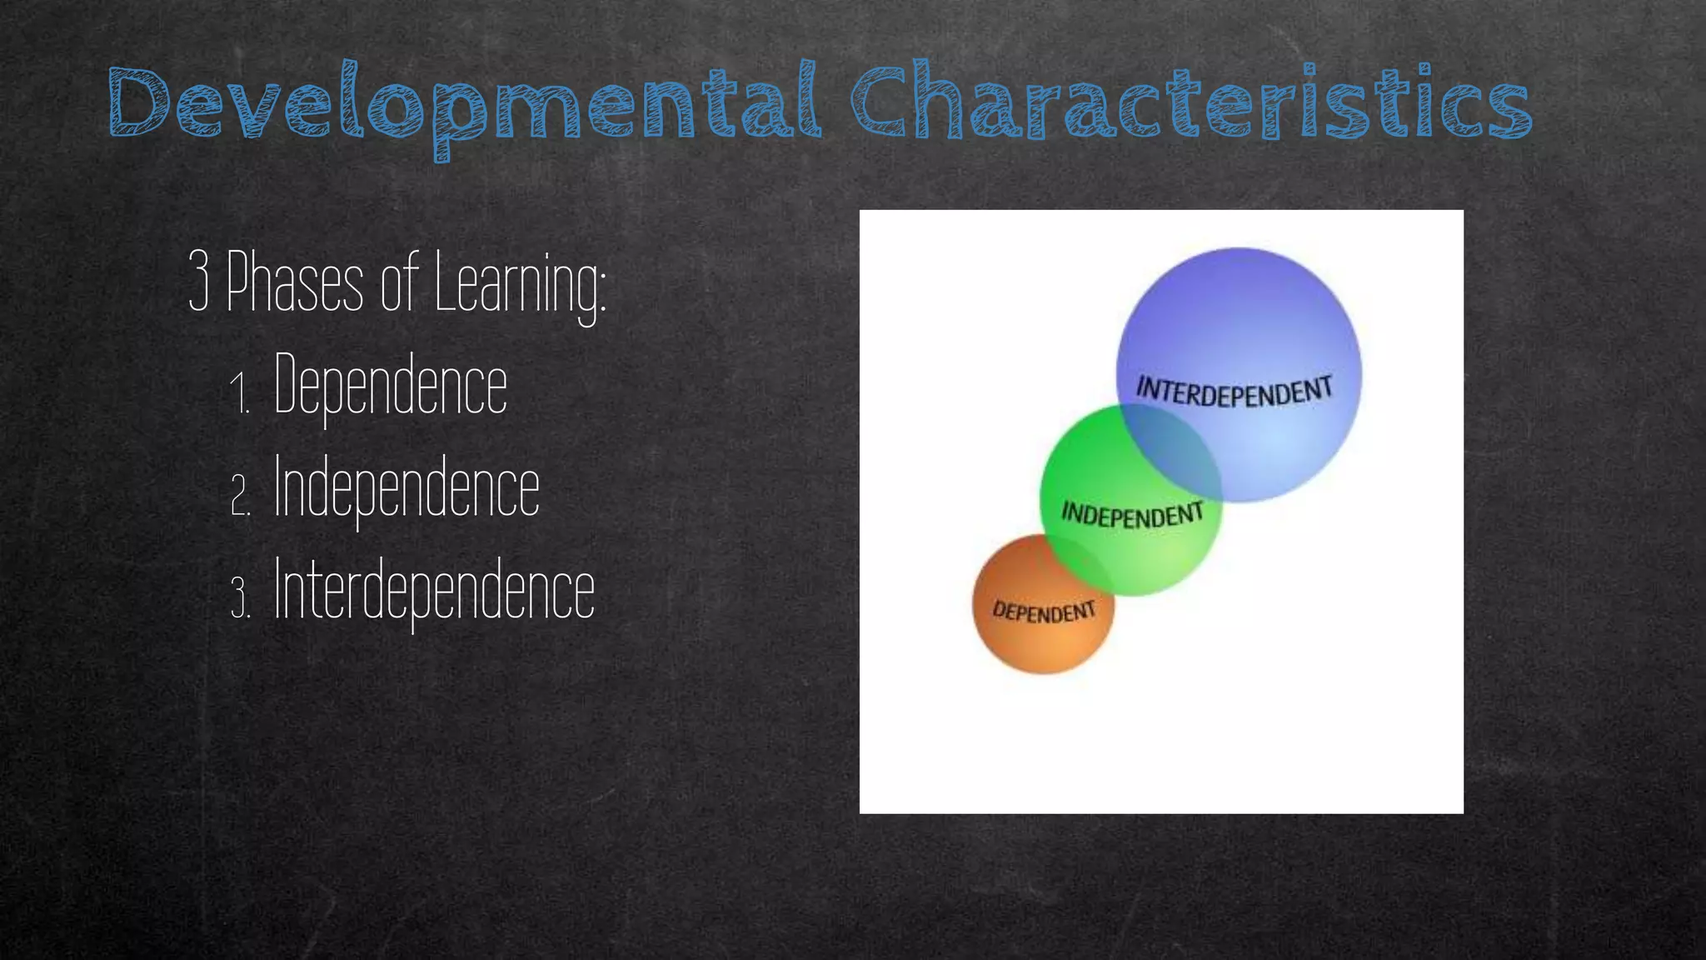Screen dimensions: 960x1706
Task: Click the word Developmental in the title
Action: tap(465, 104)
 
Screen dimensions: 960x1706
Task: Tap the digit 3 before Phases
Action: tap(198, 282)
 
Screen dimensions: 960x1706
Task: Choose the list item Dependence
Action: tap(390, 385)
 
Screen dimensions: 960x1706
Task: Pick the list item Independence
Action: tap(407, 487)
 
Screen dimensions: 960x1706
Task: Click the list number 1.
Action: tap(239, 393)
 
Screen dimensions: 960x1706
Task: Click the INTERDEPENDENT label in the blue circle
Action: tap(1235, 392)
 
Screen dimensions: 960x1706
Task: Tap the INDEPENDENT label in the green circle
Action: tap(1132, 515)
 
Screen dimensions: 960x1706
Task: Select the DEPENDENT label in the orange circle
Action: tap(1044, 612)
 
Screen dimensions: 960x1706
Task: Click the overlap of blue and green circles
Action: tap(1170, 450)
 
